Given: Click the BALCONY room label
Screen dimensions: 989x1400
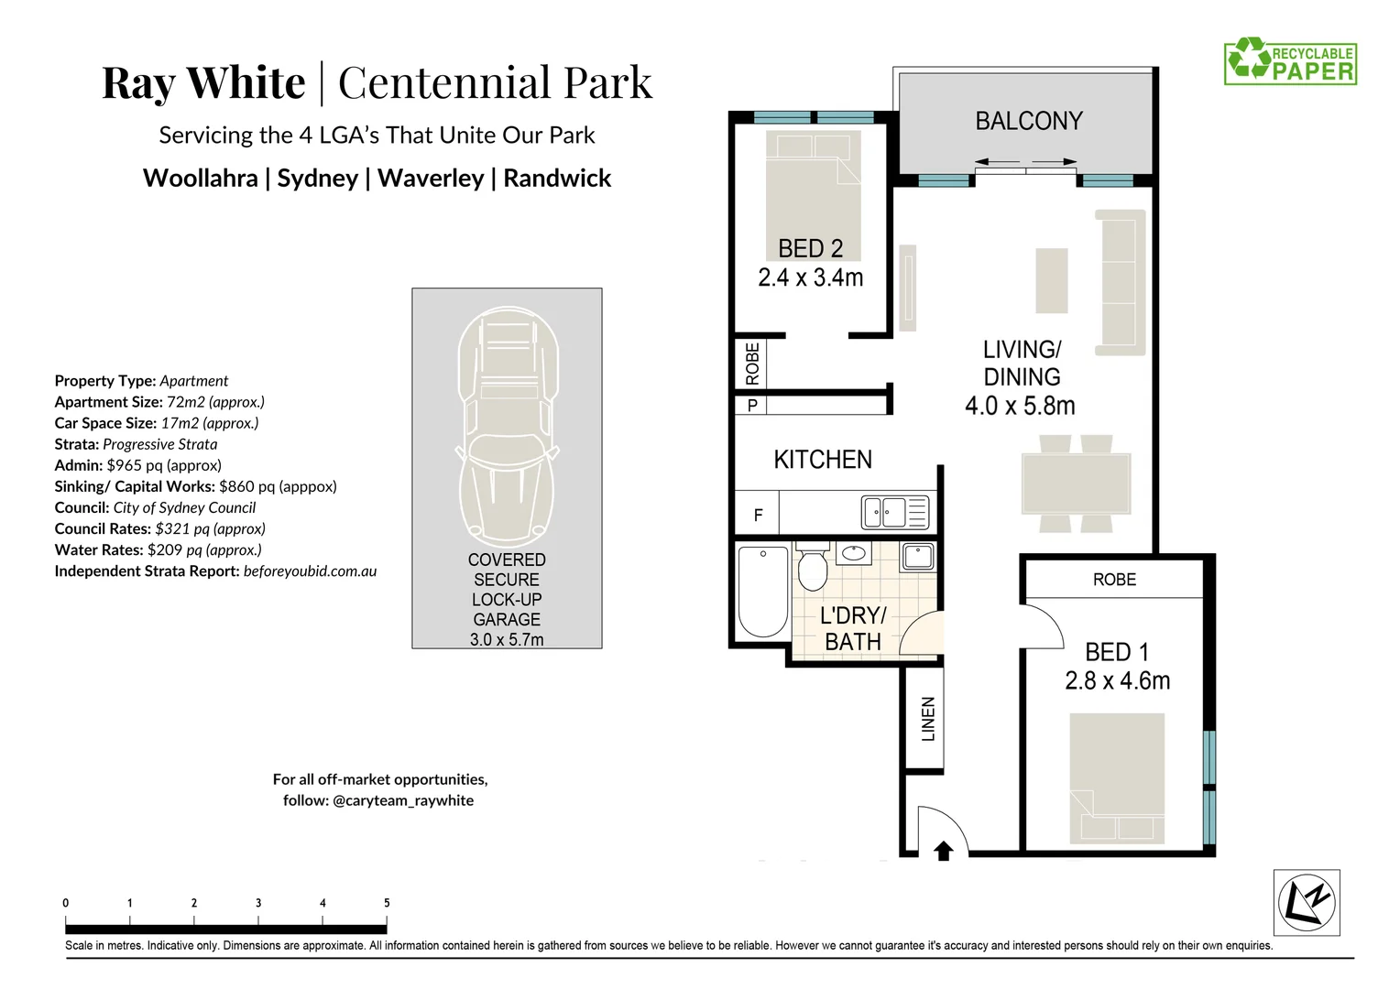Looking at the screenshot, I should pyautogui.click(x=1028, y=121).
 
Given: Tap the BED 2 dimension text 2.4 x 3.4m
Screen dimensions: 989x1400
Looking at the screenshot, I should pyautogui.click(x=810, y=277).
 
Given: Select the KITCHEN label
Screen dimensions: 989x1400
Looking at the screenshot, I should pyautogui.click(x=822, y=460).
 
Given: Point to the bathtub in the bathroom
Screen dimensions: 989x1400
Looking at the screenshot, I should pyautogui.click(x=762, y=591).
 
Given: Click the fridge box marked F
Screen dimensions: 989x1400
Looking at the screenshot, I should pyautogui.click(x=758, y=515).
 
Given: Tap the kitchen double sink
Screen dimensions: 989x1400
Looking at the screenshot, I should pyautogui.click(x=884, y=512).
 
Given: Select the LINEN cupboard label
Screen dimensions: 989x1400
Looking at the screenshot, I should pyautogui.click(x=928, y=719).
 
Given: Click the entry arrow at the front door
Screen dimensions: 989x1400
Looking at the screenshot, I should pyautogui.click(x=943, y=851).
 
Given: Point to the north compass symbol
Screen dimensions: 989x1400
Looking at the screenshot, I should pyautogui.click(x=1307, y=902).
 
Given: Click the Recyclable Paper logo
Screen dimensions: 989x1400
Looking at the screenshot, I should pyautogui.click(x=1290, y=61).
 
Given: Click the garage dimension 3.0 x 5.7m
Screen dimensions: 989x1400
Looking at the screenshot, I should pyautogui.click(x=507, y=640).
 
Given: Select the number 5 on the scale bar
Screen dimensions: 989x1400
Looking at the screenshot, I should pyautogui.click(x=387, y=903).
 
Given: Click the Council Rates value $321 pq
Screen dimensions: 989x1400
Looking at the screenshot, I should pyautogui.click(x=210, y=528).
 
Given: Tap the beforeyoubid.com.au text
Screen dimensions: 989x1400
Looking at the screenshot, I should pyautogui.click(x=310, y=571).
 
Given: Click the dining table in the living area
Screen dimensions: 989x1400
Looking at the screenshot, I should pyautogui.click(x=1076, y=484).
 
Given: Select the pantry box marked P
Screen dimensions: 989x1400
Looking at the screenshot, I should pyautogui.click(x=752, y=405).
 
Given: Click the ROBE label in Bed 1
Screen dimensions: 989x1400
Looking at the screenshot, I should pyautogui.click(x=1114, y=580).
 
